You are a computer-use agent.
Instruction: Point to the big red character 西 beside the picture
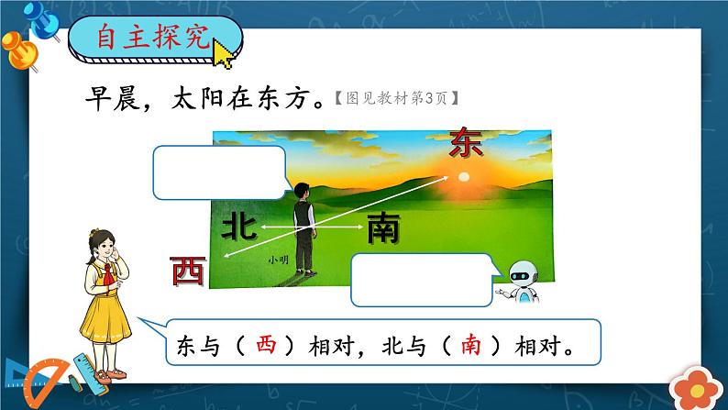(x=189, y=271)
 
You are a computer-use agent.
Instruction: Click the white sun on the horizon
(x=464, y=175)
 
